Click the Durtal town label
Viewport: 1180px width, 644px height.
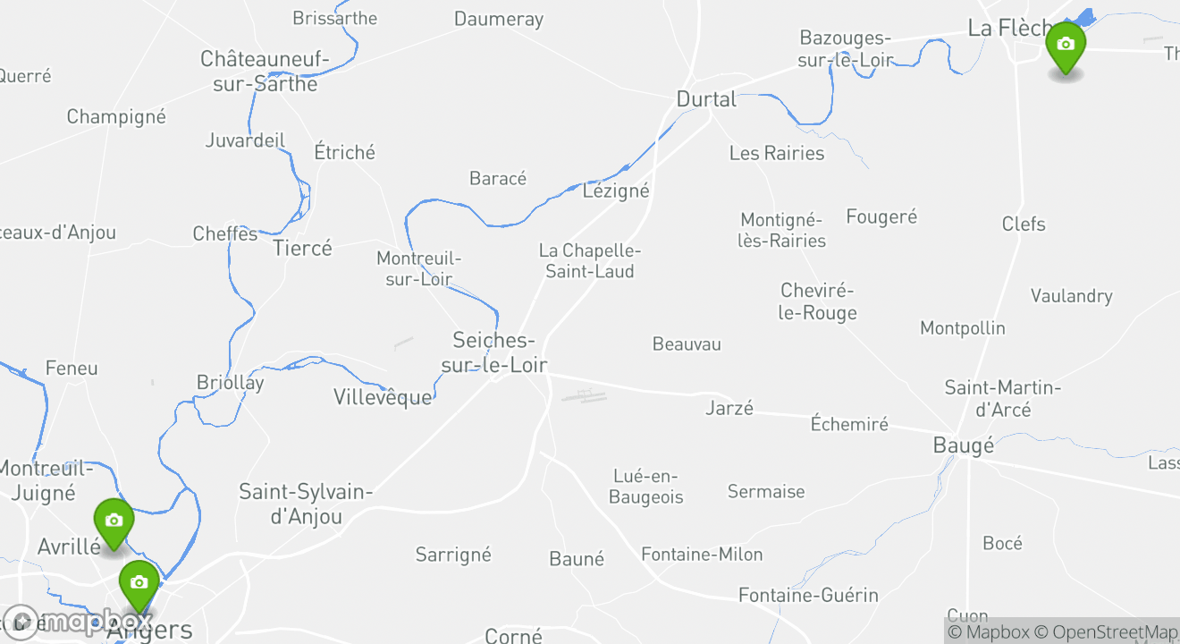706,99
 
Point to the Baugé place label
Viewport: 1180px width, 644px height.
963,445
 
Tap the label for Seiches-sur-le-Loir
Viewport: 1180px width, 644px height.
493,352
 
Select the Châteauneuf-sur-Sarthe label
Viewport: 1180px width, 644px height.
259,72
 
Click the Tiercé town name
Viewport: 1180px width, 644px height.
302,248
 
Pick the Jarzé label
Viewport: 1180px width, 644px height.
729,408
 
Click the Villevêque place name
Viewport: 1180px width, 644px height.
383,396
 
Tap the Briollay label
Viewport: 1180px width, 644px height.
231,382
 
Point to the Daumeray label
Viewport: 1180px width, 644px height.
499,19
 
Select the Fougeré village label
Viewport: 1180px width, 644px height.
881,216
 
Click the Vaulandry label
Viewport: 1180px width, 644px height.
1071,295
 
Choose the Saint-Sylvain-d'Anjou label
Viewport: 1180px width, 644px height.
305,504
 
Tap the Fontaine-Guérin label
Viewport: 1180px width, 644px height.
808,595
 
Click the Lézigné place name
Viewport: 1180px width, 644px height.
616,191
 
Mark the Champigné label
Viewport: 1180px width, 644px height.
116,116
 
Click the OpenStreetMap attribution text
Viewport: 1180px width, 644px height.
1114,631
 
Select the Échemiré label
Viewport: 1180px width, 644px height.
849,423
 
